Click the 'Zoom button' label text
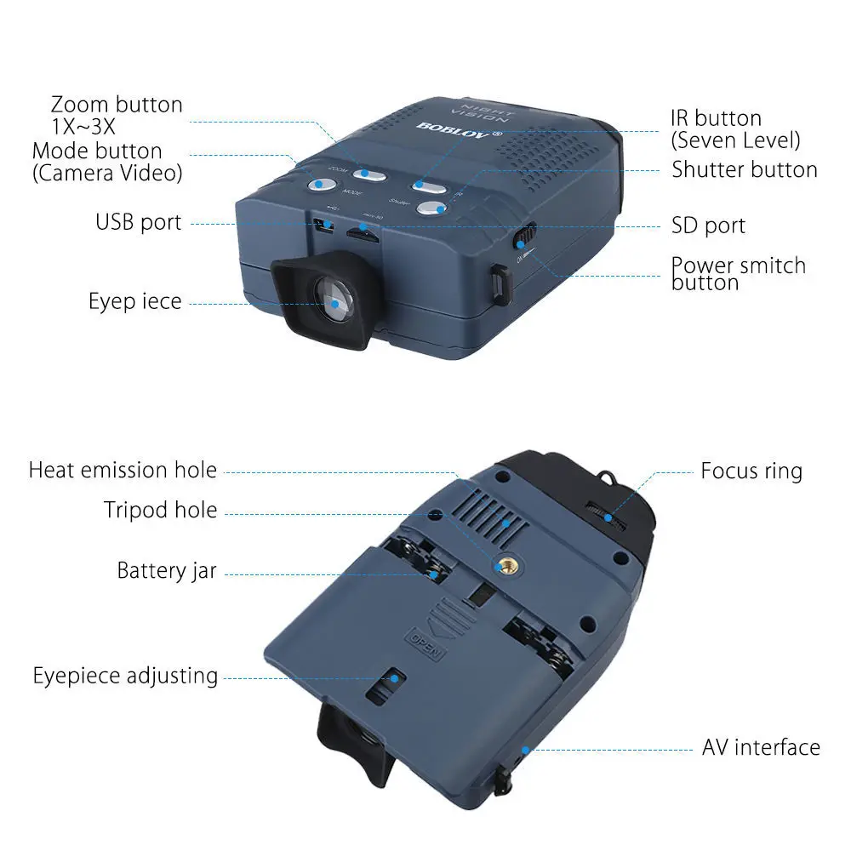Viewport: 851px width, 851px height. [x=117, y=105]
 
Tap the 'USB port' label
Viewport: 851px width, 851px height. [x=138, y=223]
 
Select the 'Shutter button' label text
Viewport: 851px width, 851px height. [x=745, y=169]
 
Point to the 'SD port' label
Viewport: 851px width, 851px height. [x=708, y=226]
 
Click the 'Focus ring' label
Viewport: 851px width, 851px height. [x=751, y=471]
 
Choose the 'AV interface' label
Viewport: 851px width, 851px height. [x=761, y=748]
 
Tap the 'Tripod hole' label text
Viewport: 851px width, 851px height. [x=161, y=511]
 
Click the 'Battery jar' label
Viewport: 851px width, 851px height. [x=167, y=569]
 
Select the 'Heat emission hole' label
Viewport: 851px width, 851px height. [x=123, y=470]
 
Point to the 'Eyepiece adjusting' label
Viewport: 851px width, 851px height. [x=126, y=677]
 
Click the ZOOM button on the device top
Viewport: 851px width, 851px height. [x=370, y=174]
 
